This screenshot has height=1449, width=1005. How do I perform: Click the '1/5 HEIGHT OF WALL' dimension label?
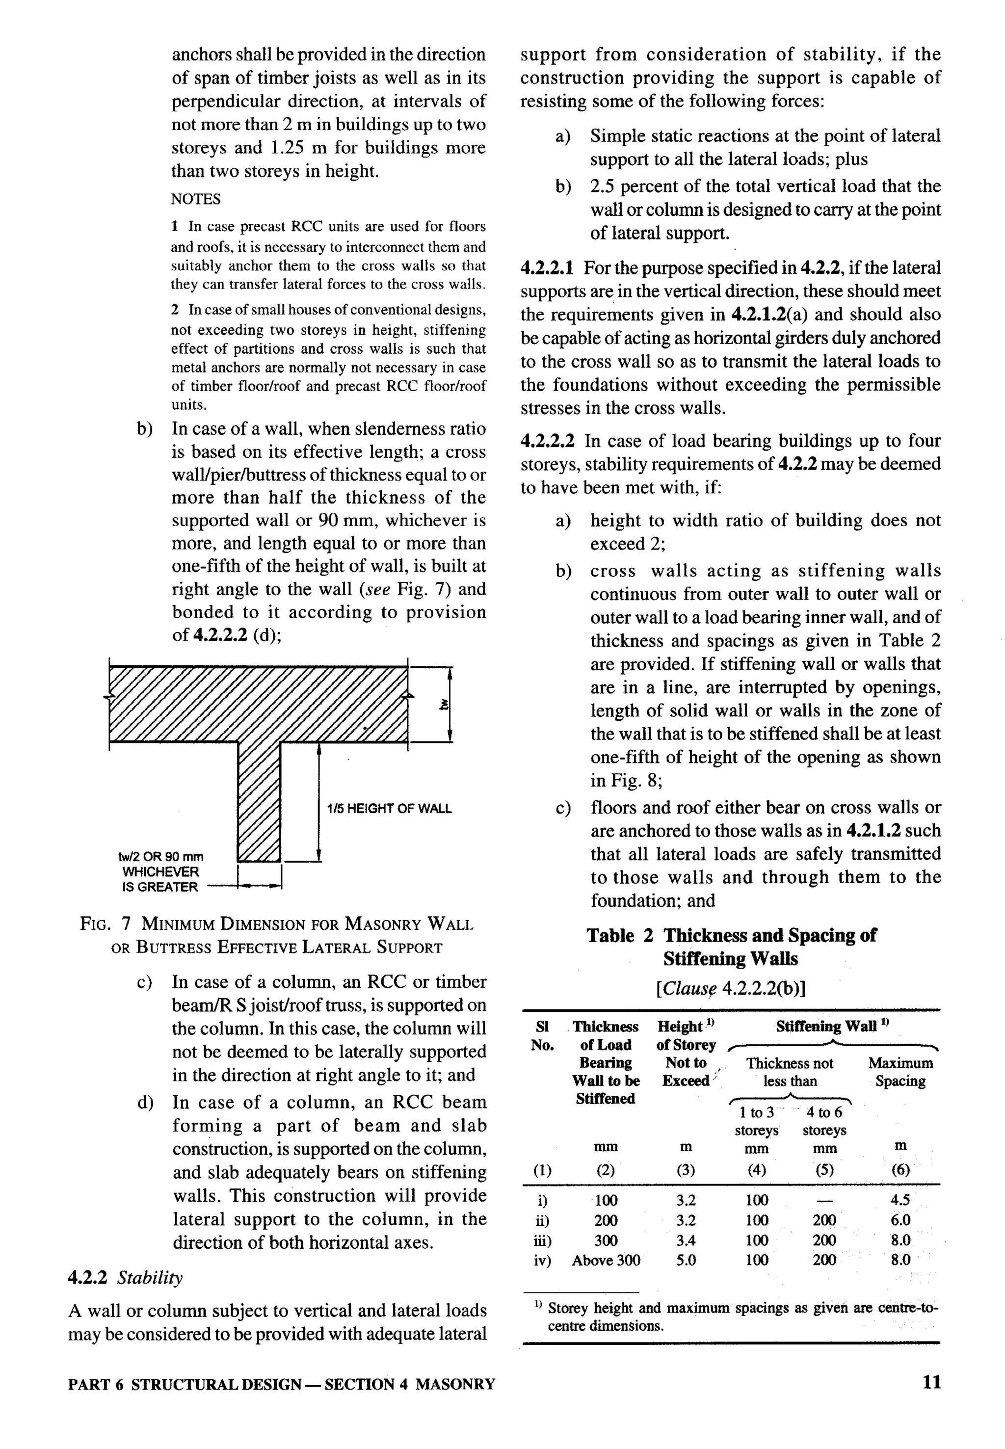[389, 809]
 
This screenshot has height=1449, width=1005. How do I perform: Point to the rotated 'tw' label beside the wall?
[445, 705]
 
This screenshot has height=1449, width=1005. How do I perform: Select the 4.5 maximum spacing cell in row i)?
[900, 1200]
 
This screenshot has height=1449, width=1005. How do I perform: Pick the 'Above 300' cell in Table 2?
[606, 1260]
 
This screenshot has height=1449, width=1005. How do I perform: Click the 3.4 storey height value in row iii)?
[685, 1240]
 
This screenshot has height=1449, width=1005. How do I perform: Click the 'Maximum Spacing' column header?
[900, 1072]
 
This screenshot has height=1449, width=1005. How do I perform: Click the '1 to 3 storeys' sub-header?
[756, 1121]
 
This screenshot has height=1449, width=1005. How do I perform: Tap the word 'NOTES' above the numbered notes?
[196, 199]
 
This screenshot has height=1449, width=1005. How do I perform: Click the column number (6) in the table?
[900, 1170]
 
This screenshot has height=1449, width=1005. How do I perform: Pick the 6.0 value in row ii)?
[900, 1220]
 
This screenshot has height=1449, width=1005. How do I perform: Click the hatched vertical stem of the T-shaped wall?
[259, 800]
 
